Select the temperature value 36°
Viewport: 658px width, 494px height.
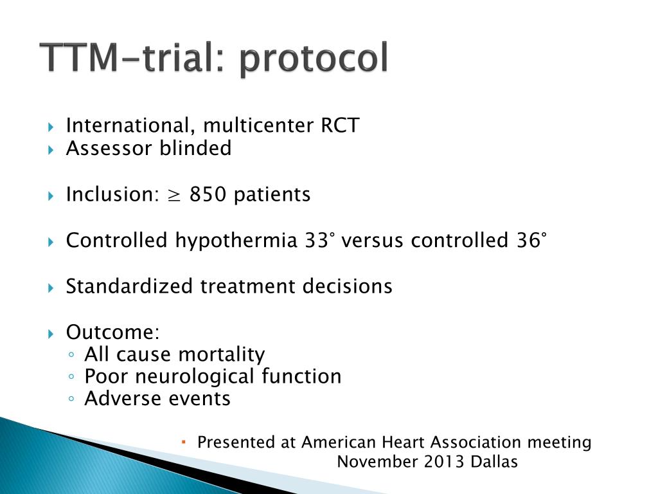[531, 240]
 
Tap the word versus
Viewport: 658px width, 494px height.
[373, 240]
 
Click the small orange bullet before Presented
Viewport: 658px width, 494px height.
[183, 442]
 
